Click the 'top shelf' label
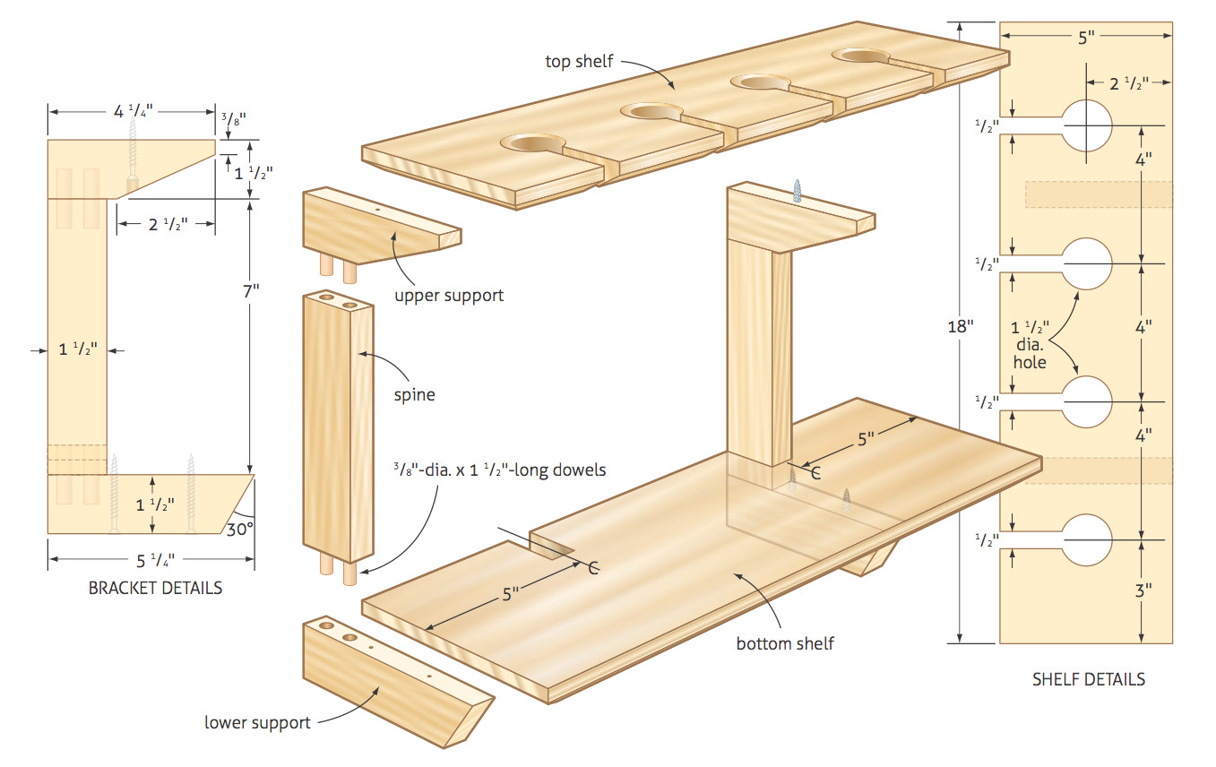[579, 61]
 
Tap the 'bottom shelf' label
[785, 643]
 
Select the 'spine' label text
[413, 394]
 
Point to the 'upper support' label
[449, 295]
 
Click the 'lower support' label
[257, 722]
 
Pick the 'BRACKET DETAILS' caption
[155, 589]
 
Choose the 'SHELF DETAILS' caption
[1089, 679]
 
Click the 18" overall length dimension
[960, 326]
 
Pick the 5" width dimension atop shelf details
[1085, 38]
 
